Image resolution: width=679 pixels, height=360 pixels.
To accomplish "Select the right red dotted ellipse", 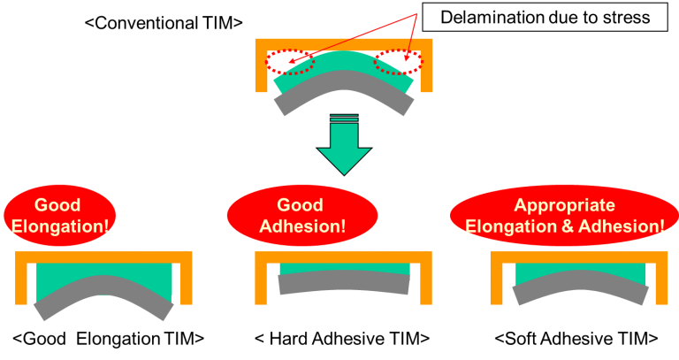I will coord(398,62).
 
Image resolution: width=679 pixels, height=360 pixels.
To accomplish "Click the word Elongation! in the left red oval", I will coord(60,226).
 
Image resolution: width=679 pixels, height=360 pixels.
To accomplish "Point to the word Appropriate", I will coord(564,205).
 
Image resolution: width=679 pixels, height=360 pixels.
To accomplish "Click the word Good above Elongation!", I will coord(59,205).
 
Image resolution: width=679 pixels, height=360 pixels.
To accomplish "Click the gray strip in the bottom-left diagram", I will coord(103,287).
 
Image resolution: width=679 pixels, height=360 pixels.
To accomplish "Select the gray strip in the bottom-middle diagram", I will coord(343,281).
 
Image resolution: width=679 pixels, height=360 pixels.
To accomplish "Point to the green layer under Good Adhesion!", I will coord(343,268).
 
